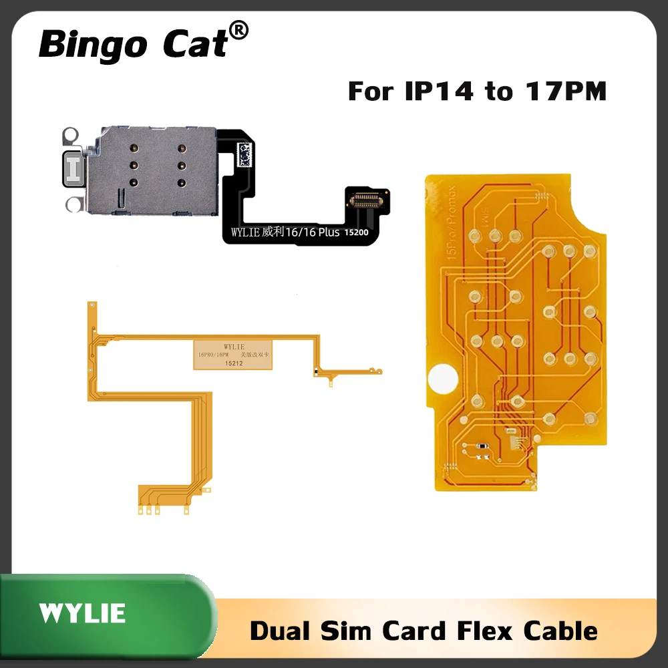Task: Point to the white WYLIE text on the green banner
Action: point(82,613)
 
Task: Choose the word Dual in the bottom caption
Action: point(281,630)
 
